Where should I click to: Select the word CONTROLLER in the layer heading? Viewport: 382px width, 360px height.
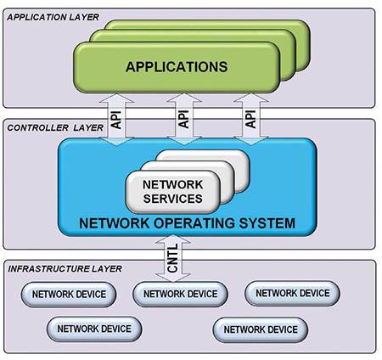pyautogui.click(x=34, y=127)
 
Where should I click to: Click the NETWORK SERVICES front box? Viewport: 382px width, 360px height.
pyautogui.click(x=172, y=191)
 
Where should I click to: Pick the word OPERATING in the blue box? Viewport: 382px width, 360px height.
pyautogui.click(x=196, y=224)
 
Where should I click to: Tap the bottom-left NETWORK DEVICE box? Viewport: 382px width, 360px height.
pyautogui.click(x=93, y=328)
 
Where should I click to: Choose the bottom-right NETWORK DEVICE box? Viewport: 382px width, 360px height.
pyautogui.click(x=259, y=328)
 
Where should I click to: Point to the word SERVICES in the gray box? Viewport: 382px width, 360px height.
pyautogui.click(x=172, y=200)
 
